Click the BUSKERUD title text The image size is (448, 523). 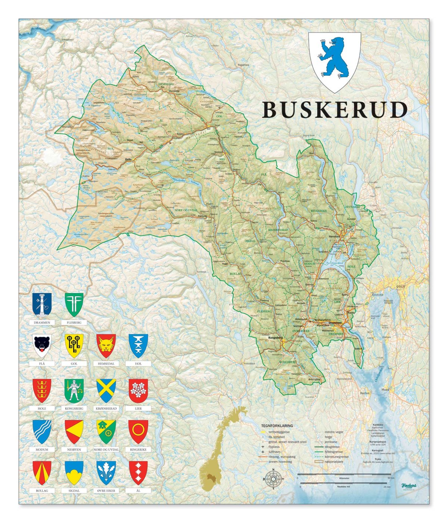[x=335, y=110]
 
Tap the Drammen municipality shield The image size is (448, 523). [x=42, y=304]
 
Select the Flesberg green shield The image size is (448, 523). [x=74, y=304]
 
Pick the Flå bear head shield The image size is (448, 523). [x=42, y=346]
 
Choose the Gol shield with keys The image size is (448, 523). [x=74, y=346]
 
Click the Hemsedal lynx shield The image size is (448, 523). [x=106, y=346]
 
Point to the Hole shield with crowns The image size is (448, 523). [x=42, y=390]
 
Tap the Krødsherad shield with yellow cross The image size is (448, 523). [x=106, y=390]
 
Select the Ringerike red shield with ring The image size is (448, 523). [x=138, y=431]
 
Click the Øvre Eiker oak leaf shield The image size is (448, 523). [x=106, y=473]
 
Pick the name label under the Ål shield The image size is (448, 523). [x=138, y=490]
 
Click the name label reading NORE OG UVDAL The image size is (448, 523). [x=106, y=449]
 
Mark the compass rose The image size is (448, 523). [x=273, y=479]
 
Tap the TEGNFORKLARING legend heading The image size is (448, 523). [x=277, y=425]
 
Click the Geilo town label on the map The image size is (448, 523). [x=128, y=159]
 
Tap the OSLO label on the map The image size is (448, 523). [x=401, y=286]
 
